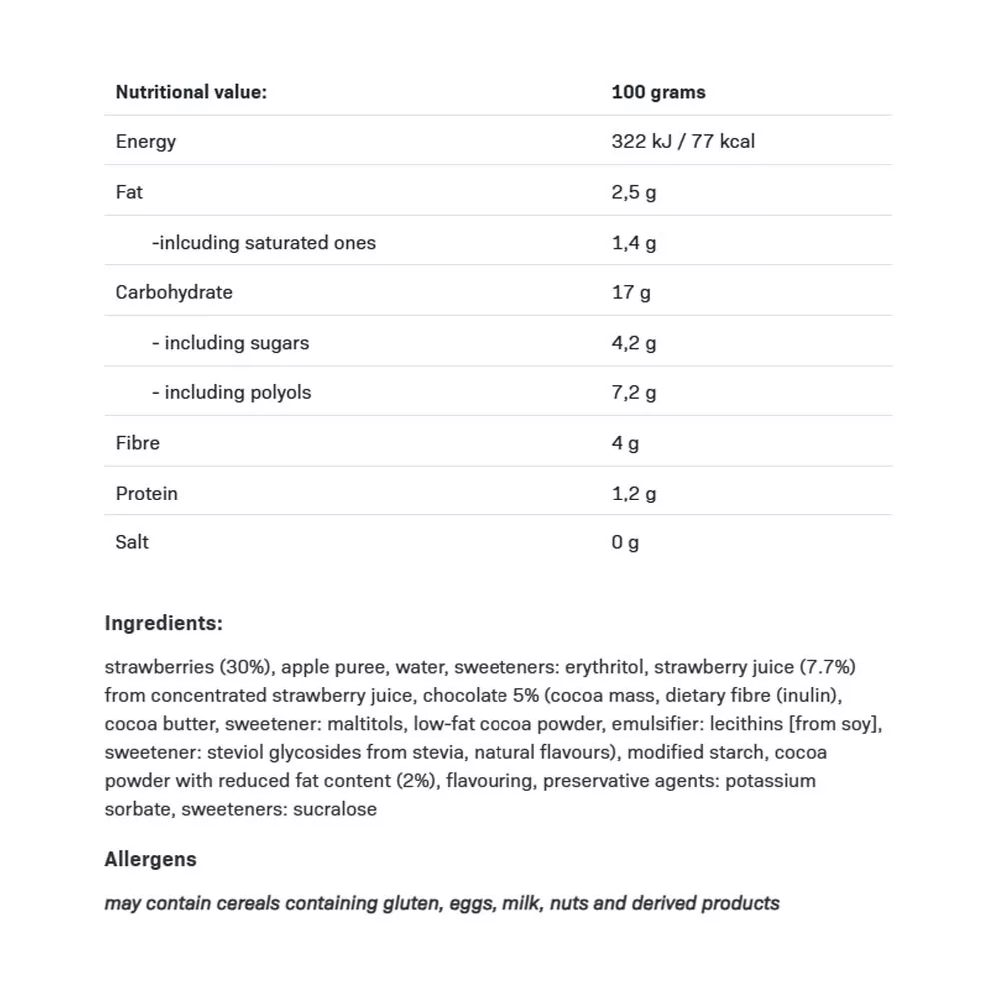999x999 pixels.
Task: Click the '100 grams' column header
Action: click(658, 92)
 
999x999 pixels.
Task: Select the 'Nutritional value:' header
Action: click(191, 92)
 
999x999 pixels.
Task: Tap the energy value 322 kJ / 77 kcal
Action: click(683, 141)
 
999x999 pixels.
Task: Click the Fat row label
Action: click(129, 191)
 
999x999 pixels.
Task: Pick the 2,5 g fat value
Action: click(634, 191)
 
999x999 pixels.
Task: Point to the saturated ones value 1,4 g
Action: click(634, 242)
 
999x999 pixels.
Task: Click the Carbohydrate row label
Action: click(174, 292)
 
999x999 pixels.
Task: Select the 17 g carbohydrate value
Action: click(631, 292)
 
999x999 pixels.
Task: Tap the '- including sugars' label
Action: click(230, 342)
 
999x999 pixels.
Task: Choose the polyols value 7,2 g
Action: click(634, 392)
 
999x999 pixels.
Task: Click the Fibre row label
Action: click(137, 442)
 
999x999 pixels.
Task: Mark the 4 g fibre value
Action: click(625, 442)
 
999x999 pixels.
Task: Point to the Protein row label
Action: click(146, 493)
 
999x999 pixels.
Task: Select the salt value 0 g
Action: click(625, 542)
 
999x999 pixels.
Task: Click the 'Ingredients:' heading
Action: click(163, 623)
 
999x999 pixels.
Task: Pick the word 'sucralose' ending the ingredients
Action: click(335, 809)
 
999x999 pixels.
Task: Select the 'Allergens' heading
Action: click(150, 859)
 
